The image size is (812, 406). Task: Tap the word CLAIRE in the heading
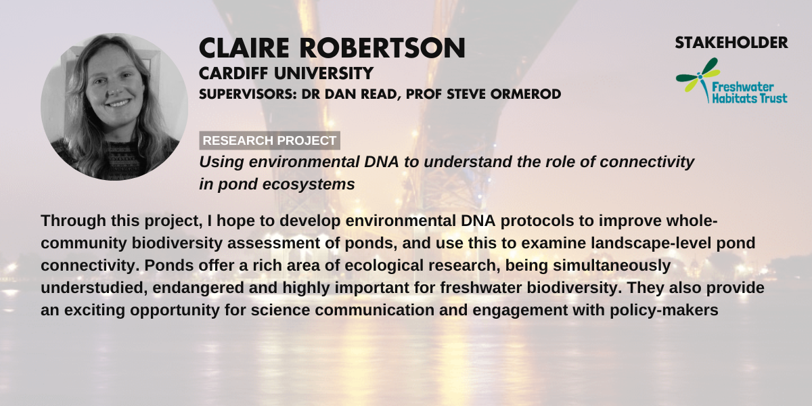[244, 48]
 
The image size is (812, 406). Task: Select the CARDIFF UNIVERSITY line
[286, 73]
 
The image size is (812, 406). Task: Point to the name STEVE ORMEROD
[504, 94]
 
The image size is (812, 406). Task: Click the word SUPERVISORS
[248, 94]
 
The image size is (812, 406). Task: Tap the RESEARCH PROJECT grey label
[269, 140]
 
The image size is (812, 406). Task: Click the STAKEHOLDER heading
[731, 43]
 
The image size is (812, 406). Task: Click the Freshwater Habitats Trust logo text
[749, 93]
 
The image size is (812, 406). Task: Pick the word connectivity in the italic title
[647, 162]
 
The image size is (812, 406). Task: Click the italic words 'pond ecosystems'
[286, 185]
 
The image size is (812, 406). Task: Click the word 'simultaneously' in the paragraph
[612, 266]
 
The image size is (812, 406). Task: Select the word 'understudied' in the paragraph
[94, 288]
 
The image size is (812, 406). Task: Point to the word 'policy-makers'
[664, 311]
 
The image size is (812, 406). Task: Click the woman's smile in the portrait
[118, 104]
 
